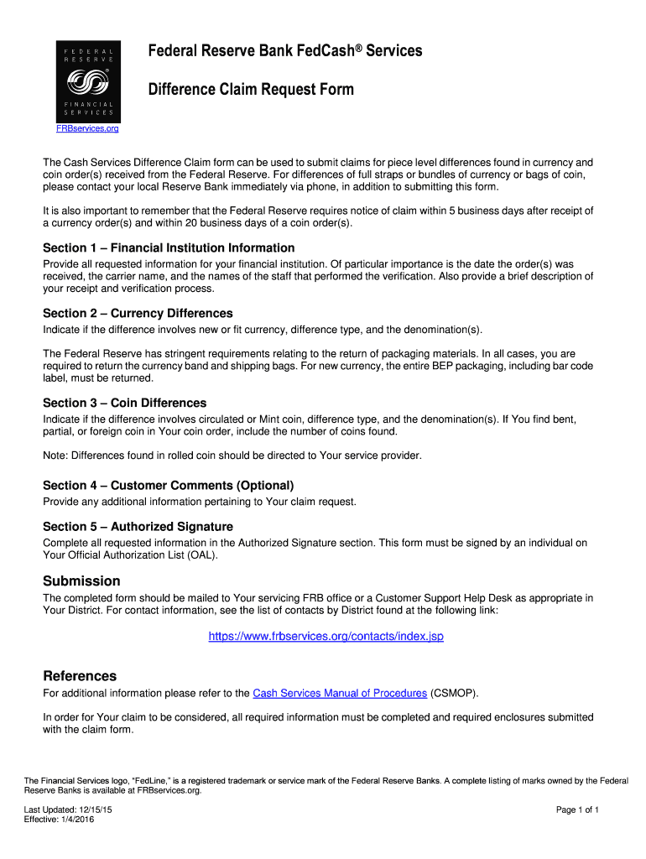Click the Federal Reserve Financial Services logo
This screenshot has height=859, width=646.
(x=88, y=81)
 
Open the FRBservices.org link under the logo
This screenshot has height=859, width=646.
(x=87, y=128)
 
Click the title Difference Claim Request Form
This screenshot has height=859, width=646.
(x=251, y=89)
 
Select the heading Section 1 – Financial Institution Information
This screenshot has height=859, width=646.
(x=169, y=247)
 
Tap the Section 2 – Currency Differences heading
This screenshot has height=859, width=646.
(x=138, y=313)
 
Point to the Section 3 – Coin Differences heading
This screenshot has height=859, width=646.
(x=124, y=403)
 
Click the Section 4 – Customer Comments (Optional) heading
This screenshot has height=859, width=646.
(x=168, y=485)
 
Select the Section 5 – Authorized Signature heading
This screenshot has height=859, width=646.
(x=138, y=526)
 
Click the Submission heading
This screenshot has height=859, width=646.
(x=81, y=580)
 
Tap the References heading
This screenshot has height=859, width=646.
(x=80, y=675)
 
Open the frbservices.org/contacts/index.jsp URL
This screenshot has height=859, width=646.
(x=326, y=636)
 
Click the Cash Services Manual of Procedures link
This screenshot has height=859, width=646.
(x=340, y=693)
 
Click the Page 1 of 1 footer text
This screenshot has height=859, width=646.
(x=577, y=810)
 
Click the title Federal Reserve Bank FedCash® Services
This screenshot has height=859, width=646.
(x=285, y=51)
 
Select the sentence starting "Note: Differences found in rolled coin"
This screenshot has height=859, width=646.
(x=232, y=456)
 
